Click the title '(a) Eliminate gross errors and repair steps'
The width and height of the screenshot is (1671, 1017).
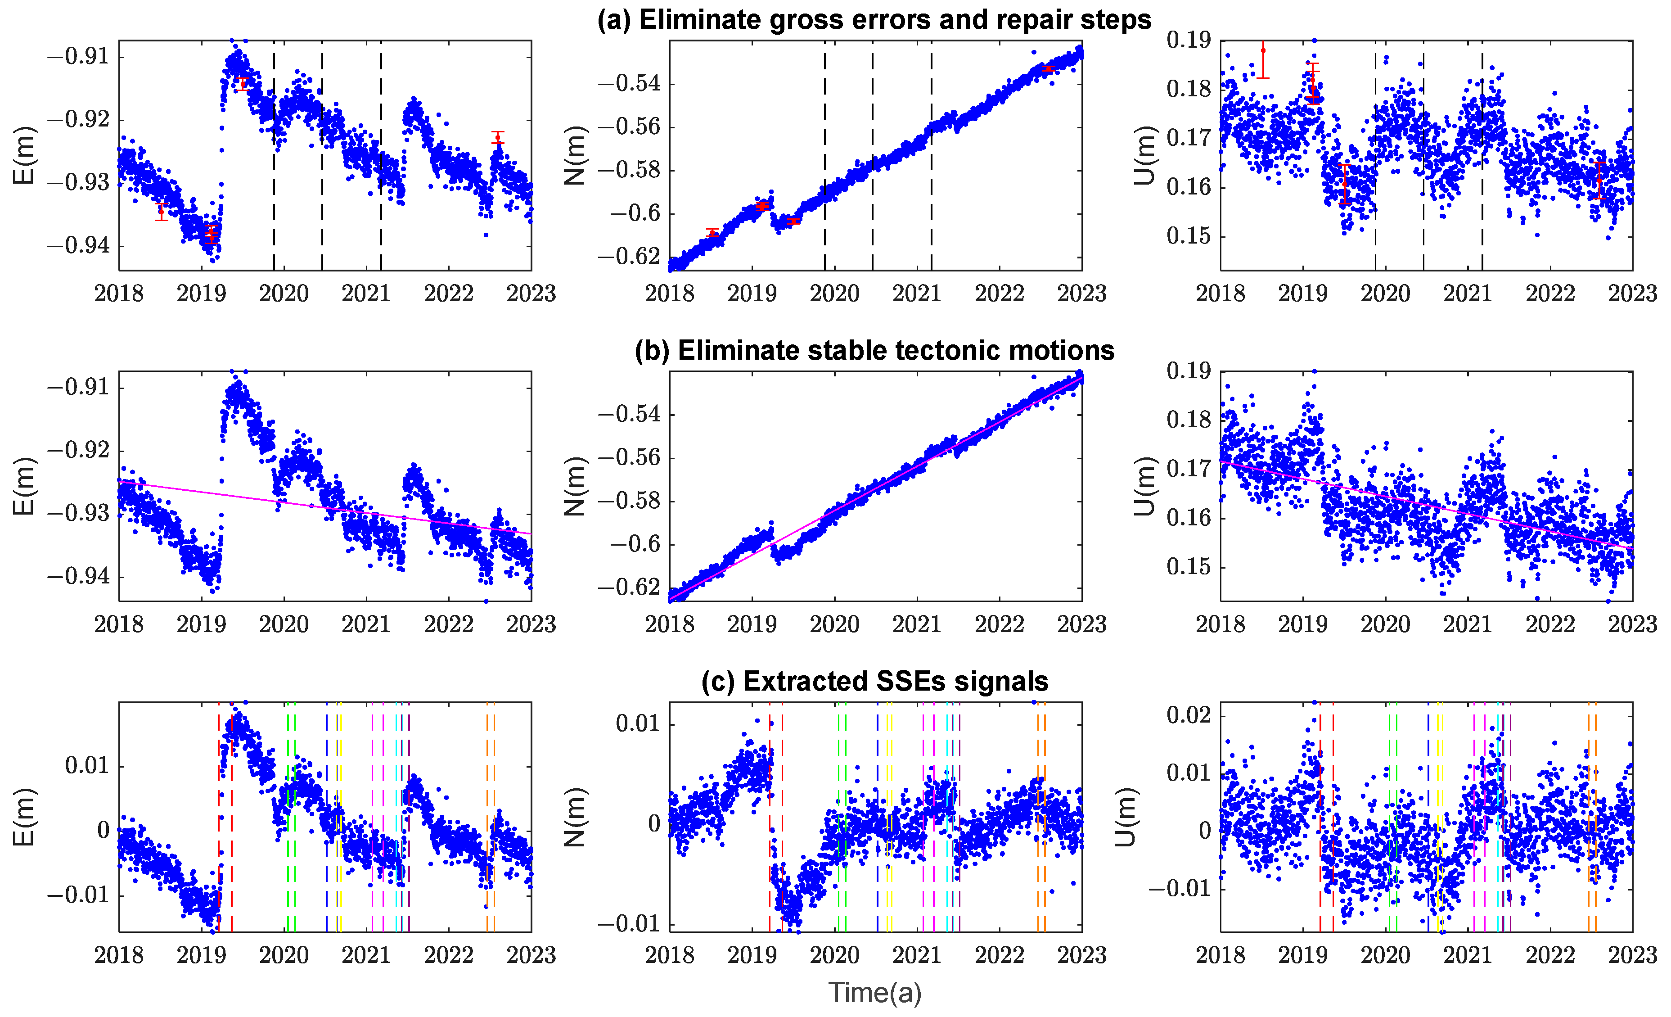click(x=874, y=20)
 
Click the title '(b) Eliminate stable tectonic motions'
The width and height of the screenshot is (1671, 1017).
click(x=874, y=351)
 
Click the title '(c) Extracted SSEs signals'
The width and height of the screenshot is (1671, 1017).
click(x=874, y=681)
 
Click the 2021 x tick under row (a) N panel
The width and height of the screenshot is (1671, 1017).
click(x=916, y=294)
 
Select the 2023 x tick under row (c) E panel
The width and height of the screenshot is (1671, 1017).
click(x=531, y=955)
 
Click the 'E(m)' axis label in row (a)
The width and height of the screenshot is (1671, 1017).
click(x=24, y=155)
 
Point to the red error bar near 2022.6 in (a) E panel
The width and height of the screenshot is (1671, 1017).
click(x=498, y=138)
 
